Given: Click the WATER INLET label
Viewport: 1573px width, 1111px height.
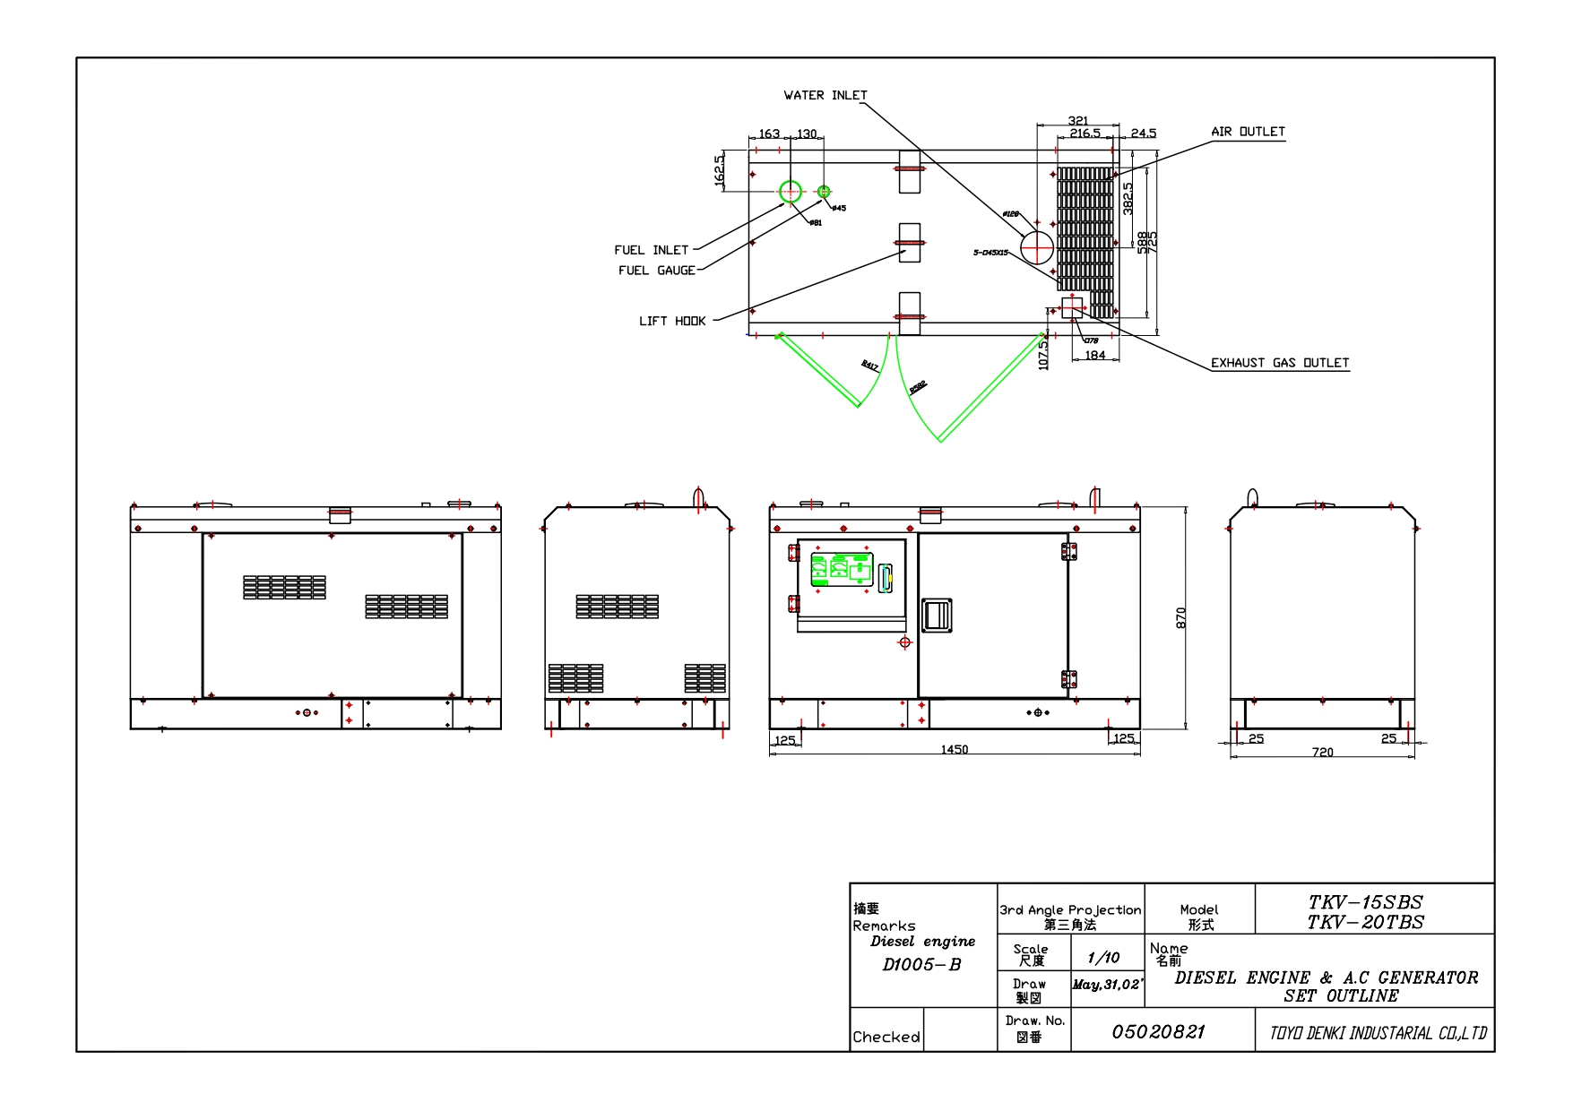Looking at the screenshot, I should (825, 95).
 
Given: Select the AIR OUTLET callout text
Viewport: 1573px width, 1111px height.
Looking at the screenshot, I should (1248, 132).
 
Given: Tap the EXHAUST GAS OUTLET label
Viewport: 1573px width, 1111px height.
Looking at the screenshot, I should (1279, 363).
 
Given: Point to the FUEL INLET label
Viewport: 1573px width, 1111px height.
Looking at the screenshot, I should (651, 250).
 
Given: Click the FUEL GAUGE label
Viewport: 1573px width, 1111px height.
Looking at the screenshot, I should (656, 271).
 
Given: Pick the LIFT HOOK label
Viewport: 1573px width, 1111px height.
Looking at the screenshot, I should (672, 321).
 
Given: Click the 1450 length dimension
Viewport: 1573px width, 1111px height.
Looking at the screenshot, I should (955, 750).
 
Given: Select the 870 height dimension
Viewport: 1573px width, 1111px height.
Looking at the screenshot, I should (1180, 617).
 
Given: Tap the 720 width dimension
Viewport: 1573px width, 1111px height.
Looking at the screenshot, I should (1322, 753).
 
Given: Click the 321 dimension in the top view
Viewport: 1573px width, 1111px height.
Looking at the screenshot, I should (1078, 121).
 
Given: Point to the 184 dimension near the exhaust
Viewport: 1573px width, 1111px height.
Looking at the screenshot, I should (1095, 356).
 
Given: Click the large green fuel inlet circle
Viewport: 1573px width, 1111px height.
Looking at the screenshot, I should (790, 191).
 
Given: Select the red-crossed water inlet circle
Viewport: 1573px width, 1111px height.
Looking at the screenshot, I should (1037, 247).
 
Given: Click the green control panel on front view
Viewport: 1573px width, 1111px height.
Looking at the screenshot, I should (842, 570).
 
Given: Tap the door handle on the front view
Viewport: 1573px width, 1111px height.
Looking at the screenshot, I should (937, 616).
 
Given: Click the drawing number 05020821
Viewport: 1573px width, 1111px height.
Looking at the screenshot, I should (1158, 1032).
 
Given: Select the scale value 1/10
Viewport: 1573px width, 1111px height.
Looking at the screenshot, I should (1103, 958).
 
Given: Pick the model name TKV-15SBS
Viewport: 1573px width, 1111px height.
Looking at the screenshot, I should (1365, 902).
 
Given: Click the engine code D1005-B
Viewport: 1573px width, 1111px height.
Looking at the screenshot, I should (921, 965).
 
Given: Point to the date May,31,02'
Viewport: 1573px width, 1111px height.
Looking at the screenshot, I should (1107, 985).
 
